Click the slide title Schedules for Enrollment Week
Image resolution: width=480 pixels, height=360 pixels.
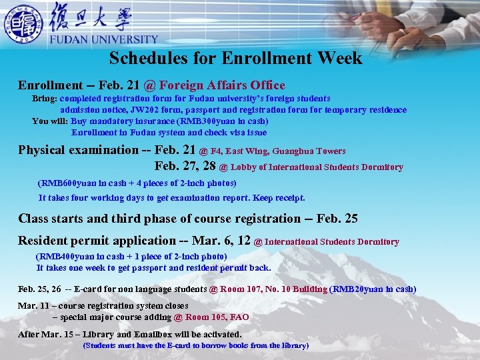(x=235, y=58)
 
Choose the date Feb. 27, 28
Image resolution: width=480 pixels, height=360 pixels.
(x=185, y=167)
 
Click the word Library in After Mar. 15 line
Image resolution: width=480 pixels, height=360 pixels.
(x=97, y=334)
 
